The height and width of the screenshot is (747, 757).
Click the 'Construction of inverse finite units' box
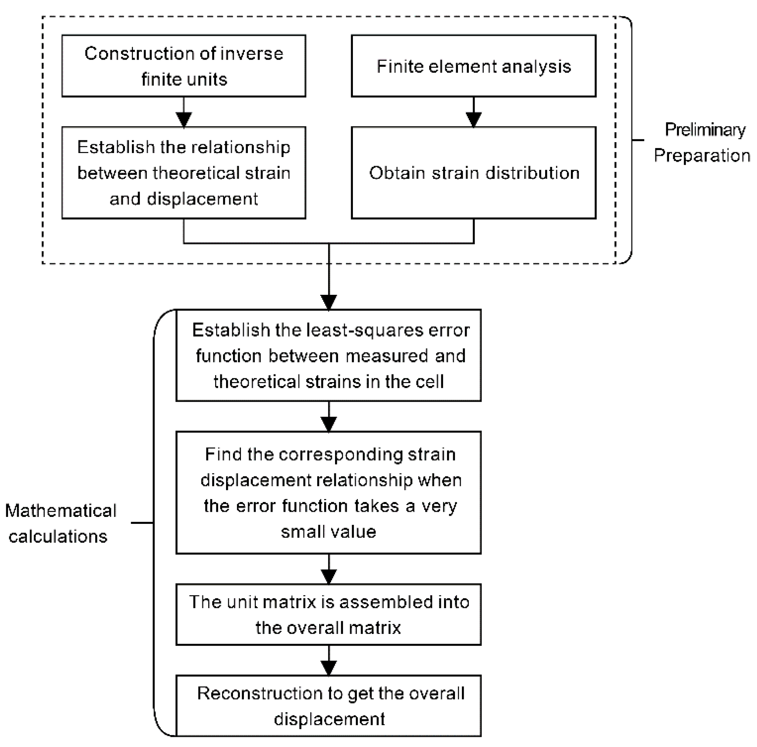click(184, 66)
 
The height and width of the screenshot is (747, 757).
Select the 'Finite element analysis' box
click(474, 66)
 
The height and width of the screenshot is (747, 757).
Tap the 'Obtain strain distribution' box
click(474, 173)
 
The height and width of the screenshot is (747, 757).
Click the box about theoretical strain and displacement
click(184, 173)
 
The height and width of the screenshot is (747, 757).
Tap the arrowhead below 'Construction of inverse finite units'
click(184, 119)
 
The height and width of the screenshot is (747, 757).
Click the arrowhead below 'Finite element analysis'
click(474, 119)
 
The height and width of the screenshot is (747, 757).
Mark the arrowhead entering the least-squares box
click(329, 302)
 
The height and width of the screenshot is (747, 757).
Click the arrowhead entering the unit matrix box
click(329, 576)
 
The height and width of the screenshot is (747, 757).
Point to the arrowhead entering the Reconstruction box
click(329, 667)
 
